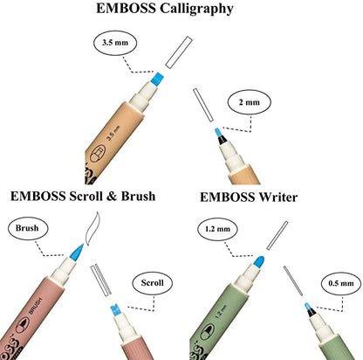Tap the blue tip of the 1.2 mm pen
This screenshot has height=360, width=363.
259,260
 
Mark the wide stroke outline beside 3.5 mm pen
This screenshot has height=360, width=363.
178,51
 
